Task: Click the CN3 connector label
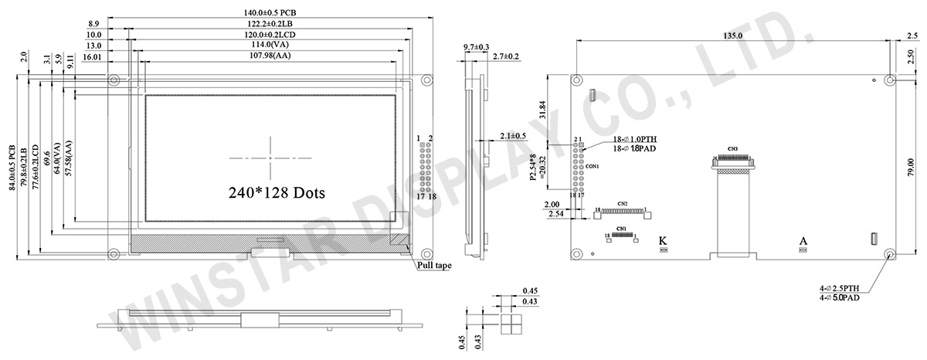click(x=732, y=148)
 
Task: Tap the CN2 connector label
click(x=623, y=203)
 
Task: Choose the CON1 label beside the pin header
click(x=593, y=166)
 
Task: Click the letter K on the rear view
click(x=662, y=240)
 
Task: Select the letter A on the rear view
click(x=802, y=240)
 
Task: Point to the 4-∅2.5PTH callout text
click(x=844, y=288)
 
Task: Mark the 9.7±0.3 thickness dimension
click(x=476, y=47)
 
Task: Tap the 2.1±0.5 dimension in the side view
click(x=514, y=136)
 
